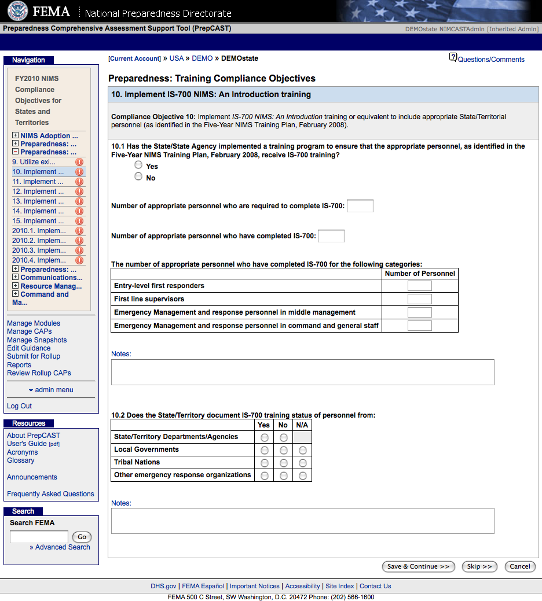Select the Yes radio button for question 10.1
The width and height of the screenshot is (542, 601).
(x=138, y=165)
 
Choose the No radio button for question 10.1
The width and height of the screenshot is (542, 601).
(x=138, y=176)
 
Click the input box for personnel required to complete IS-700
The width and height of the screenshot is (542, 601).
(x=360, y=206)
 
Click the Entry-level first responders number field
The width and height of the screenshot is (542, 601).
(x=419, y=286)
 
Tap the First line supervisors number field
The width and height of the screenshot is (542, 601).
(x=419, y=299)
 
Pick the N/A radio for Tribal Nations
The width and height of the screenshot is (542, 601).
(x=302, y=463)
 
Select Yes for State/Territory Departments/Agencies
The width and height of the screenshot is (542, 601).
(x=265, y=437)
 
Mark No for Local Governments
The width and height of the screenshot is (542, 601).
(x=284, y=450)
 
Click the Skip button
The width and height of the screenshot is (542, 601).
(x=479, y=566)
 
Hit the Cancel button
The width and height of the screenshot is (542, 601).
(x=519, y=566)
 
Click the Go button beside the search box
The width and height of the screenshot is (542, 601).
(x=82, y=537)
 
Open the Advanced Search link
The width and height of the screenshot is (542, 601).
(x=63, y=547)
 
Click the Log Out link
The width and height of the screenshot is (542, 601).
(x=19, y=406)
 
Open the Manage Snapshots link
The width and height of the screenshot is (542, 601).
(x=36, y=340)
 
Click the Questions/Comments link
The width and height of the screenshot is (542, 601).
(x=490, y=59)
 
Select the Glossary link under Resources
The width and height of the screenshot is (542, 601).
(x=21, y=460)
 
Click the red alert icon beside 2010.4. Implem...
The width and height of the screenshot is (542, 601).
(x=79, y=260)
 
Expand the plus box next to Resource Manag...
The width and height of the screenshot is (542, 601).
(x=16, y=286)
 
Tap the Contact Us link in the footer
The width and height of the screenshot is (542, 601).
(x=375, y=586)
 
